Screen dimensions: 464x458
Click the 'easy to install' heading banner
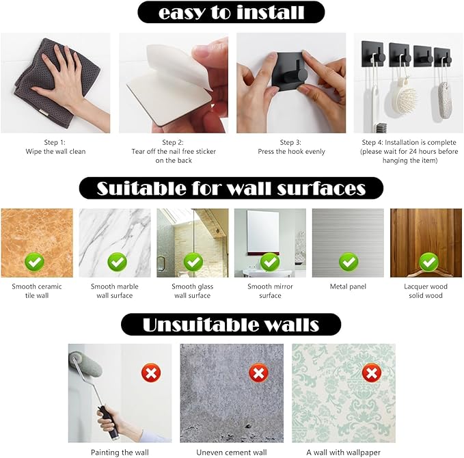pyautogui.click(x=231, y=12)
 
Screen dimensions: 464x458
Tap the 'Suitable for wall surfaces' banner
pyautogui.click(x=231, y=188)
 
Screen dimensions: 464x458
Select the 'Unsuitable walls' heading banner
pyautogui.click(x=231, y=325)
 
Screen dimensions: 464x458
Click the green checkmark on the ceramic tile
pyautogui.click(x=35, y=262)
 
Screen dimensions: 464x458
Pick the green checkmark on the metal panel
pyautogui.click(x=349, y=262)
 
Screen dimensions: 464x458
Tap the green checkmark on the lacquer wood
pyautogui.click(x=428, y=262)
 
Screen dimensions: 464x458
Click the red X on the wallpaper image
pyautogui.click(x=372, y=373)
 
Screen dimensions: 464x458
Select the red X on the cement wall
pyautogui.click(x=258, y=373)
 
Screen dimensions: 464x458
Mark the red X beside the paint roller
pyautogui.click(x=151, y=373)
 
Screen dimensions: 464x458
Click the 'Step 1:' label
pyautogui.click(x=55, y=142)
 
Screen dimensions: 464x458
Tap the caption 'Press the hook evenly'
pyautogui.click(x=292, y=152)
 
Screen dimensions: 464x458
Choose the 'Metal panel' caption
pyautogui.click(x=348, y=286)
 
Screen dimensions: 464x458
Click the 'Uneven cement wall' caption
pyautogui.click(x=232, y=453)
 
